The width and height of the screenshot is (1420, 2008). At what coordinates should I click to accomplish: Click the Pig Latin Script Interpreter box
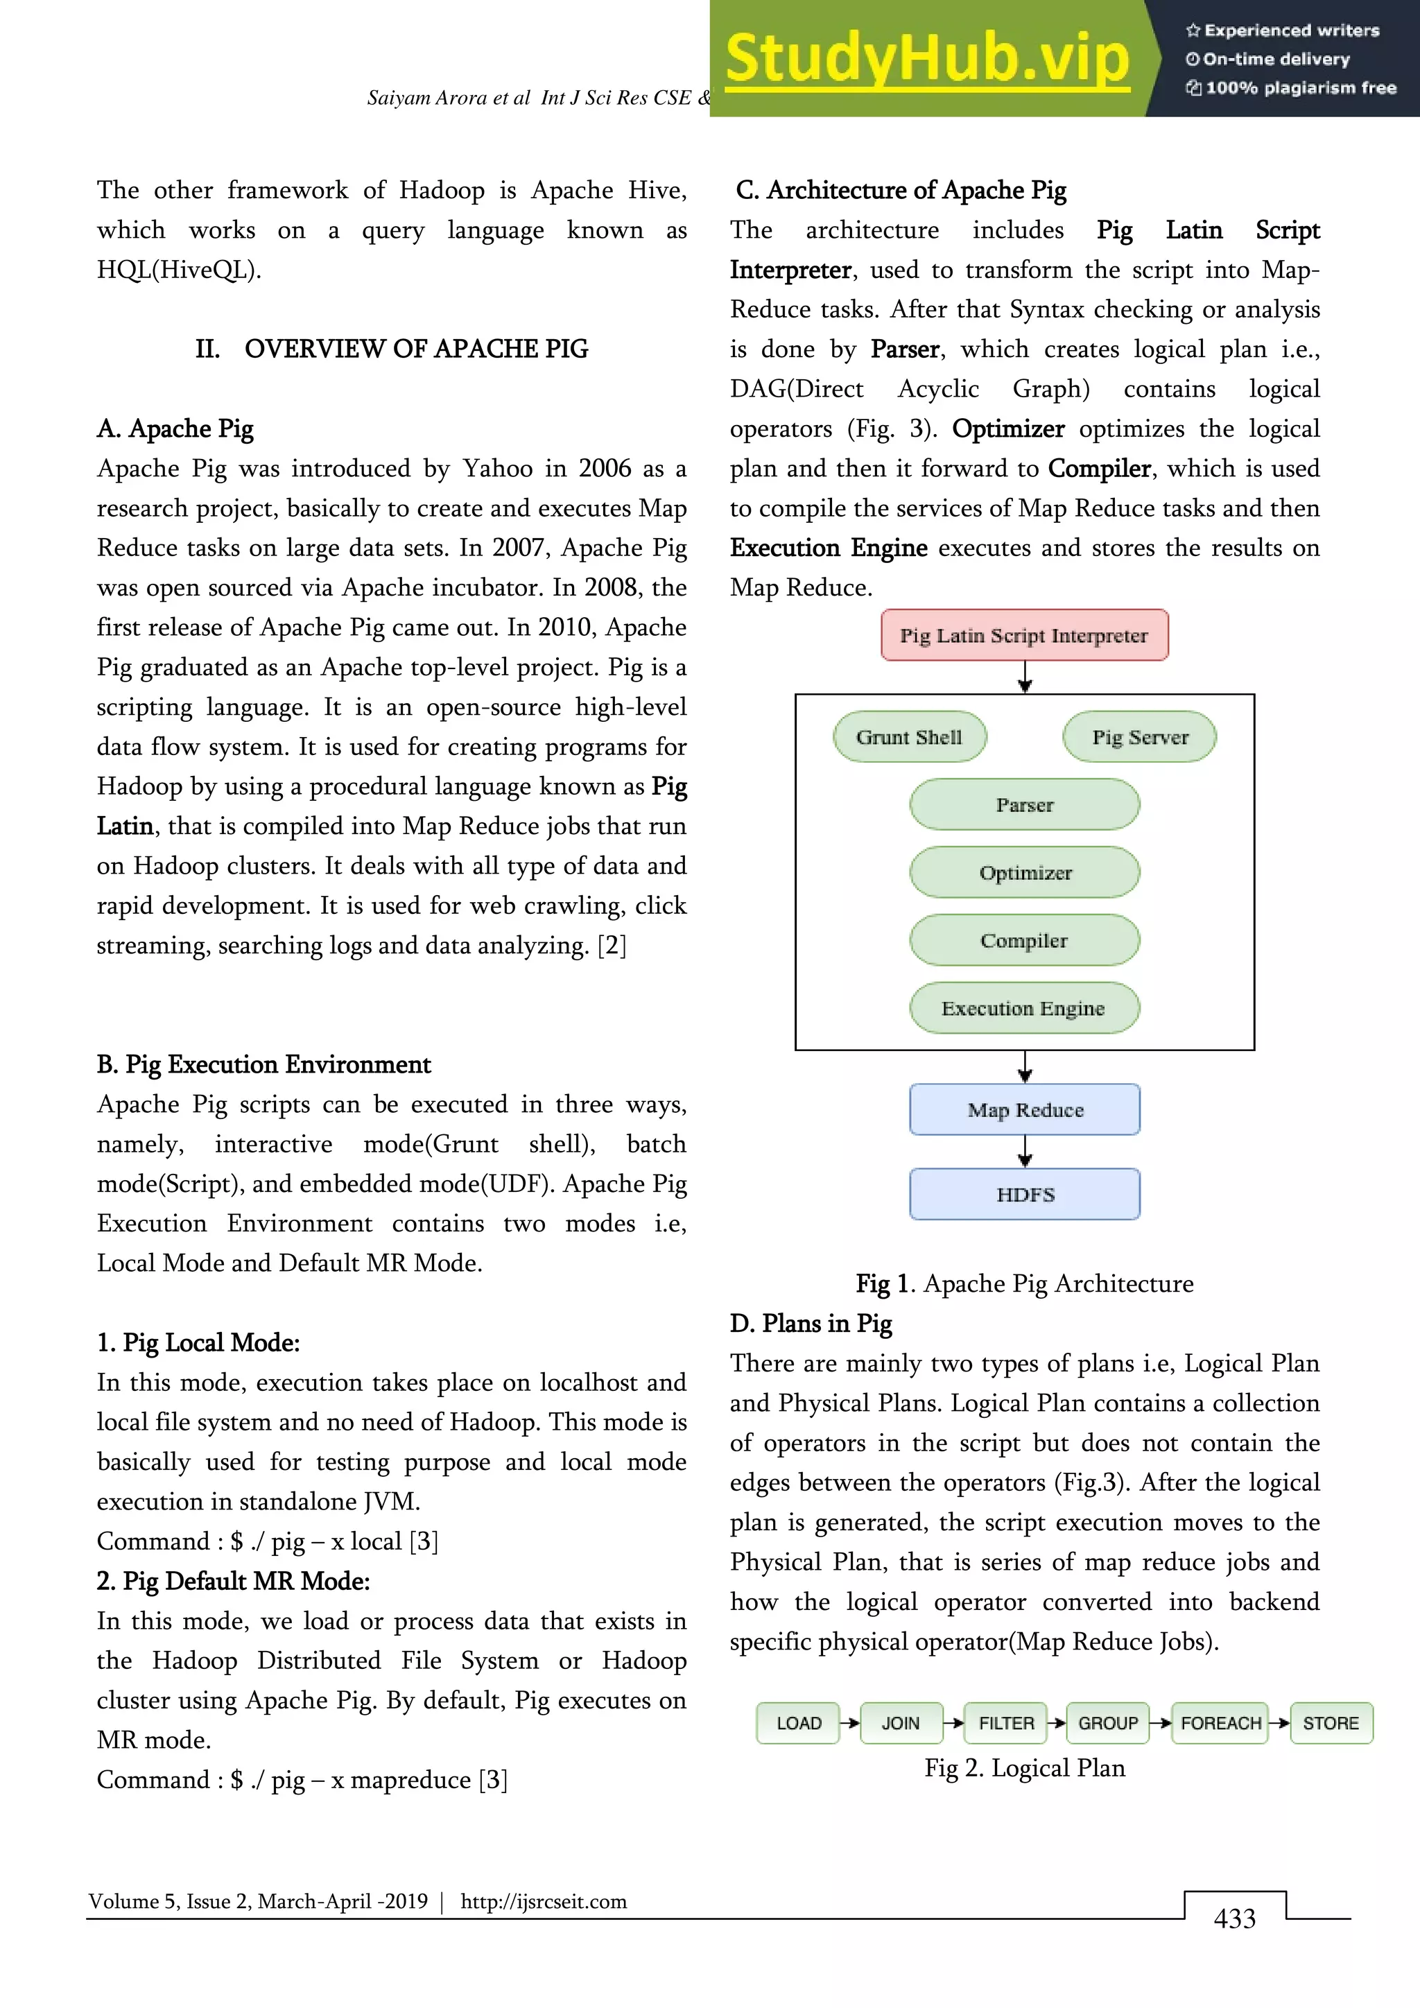tap(1024, 635)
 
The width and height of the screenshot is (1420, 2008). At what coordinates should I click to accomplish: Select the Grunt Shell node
tap(910, 737)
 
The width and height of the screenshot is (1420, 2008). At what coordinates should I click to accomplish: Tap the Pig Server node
tap(1139, 737)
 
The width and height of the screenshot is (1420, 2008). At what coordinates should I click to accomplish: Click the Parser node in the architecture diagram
tap(1024, 804)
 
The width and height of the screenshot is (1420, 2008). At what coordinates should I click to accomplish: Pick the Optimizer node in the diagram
tap(1024, 873)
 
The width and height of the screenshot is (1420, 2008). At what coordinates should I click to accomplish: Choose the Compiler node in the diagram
tap(1024, 940)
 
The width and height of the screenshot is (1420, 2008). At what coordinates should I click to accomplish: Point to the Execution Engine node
tap(1024, 1008)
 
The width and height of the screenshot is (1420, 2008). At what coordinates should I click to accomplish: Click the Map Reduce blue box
tap(1024, 1110)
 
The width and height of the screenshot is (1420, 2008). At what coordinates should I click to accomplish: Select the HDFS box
tap(1024, 1195)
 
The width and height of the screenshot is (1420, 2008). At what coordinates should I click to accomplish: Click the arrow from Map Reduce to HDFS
tap(1025, 1151)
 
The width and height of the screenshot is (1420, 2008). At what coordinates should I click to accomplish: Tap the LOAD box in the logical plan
tap(797, 1723)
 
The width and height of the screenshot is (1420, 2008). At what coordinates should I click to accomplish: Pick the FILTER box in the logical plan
tap(1005, 1723)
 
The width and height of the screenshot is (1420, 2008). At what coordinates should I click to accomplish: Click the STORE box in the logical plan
tap(1330, 1723)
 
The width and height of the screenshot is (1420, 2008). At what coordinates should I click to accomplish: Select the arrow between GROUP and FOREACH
tap(1159, 1723)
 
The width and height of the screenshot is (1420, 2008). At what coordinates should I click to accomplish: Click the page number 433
tap(1233, 1919)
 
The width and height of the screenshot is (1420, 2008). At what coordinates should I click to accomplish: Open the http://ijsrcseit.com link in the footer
tap(543, 1901)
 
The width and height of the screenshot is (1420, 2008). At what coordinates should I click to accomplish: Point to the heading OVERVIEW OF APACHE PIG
tap(415, 349)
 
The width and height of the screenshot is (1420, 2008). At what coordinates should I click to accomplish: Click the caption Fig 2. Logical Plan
tap(1024, 1767)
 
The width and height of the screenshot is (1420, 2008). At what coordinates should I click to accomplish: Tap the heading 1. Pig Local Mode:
tap(198, 1342)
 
